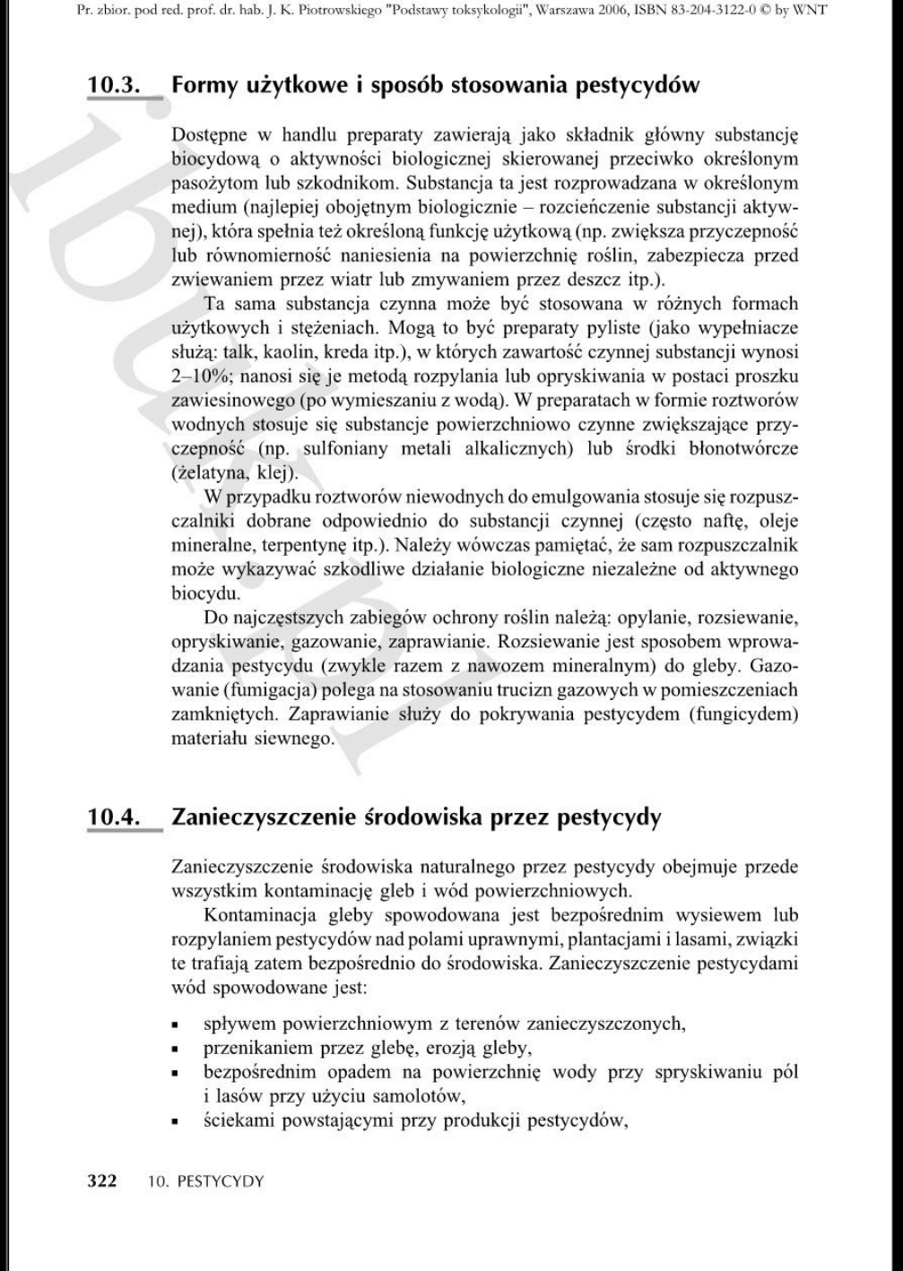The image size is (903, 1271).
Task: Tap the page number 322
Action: point(101,1180)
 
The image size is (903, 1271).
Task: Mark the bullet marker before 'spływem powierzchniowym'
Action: point(178,1025)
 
